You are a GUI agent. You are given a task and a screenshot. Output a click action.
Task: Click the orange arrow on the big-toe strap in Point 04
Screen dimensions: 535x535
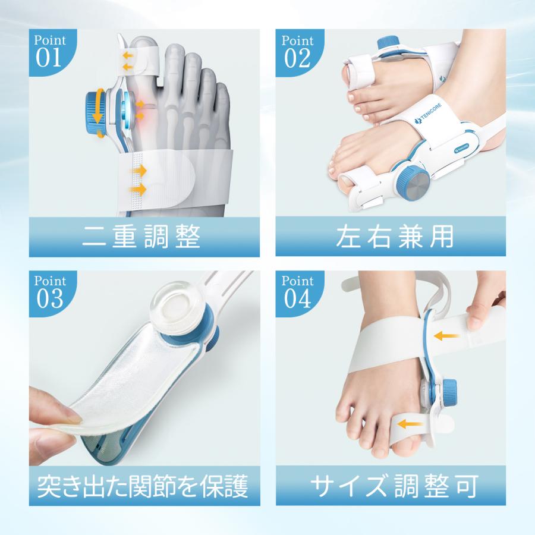pos(408,424)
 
